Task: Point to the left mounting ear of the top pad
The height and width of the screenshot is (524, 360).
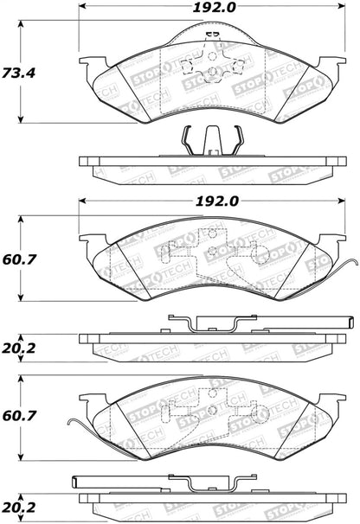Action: pyautogui.click(x=90, y=63)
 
